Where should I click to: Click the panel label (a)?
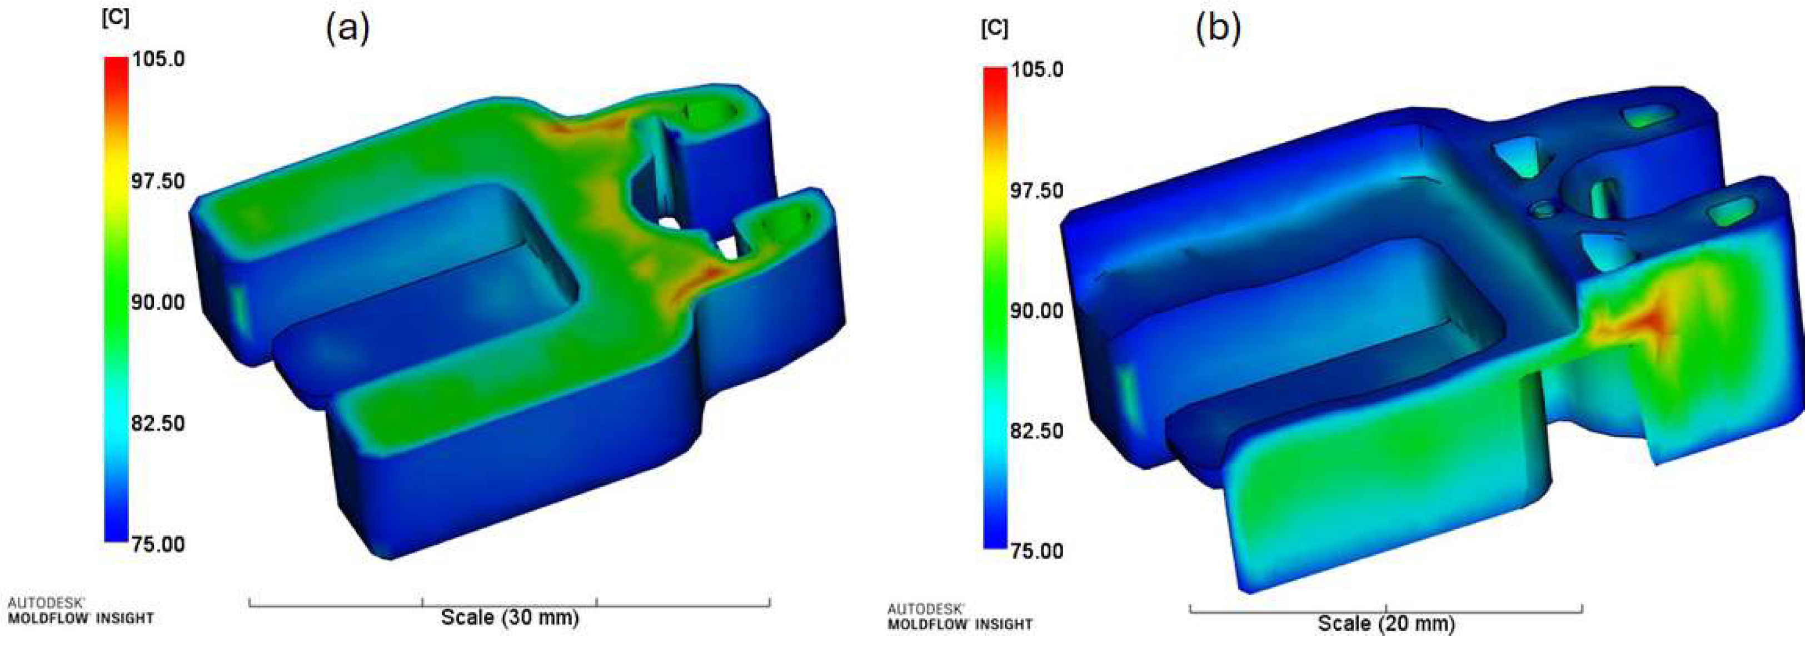[x=347, y=29]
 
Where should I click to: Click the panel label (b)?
[x=1218, y=29]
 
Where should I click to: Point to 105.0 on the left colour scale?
[x=158, y=58]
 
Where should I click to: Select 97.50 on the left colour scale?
[x=158, y=181]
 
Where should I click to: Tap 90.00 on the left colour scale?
[x=158, y=302]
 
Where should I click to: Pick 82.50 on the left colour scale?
[x=158, y=423]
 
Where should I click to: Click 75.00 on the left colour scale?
[x=158, y=544]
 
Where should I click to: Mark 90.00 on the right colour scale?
[x=1037, y=310]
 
